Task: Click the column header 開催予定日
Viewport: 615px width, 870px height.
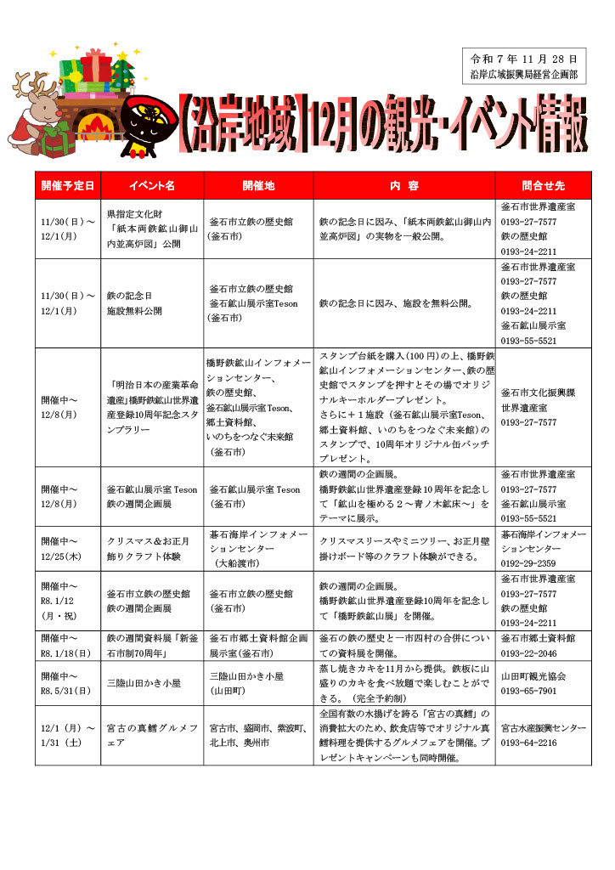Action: (67, 185)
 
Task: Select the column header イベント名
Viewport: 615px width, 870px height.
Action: (152, 185)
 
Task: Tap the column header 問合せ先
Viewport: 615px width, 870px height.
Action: (543, 185)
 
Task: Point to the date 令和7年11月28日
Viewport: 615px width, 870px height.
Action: (523, 59)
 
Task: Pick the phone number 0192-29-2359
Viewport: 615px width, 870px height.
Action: (528, 562)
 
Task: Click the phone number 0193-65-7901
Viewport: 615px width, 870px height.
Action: (528, 691)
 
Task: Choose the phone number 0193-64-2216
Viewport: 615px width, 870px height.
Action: (528, 743)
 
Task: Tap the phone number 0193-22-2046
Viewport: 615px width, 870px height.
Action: (528, 653)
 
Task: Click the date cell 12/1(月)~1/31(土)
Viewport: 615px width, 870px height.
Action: (67, 736)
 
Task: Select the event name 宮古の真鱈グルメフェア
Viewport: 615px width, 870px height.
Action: (152, 736)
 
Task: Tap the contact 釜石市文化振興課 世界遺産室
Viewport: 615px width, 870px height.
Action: (539, 399)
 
